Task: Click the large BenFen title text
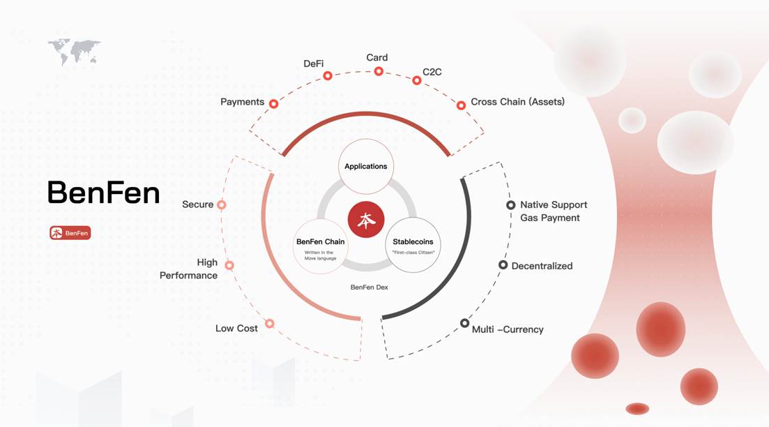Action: [103, 193]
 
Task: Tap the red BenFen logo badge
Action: [70, 232]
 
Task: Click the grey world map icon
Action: [74, 51]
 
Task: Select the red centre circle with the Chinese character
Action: [366, 219]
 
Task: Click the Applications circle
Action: [366, 166]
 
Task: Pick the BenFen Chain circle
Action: [320, 246]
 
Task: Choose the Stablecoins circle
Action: [413, 245]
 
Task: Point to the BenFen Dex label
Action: [370, 287]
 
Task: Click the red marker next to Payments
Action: [274, 103]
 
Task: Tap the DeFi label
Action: [314, 63]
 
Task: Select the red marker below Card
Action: [379, 71]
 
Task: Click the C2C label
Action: [432, 72]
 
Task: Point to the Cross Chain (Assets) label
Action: [517, 102]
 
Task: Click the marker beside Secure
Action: [222, 204]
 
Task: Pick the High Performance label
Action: [188, 269]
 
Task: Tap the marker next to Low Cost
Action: [270, 324]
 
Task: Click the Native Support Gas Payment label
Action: [554, 211]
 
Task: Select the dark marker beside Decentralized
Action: [503, 265]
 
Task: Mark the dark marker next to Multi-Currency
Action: [464, 323]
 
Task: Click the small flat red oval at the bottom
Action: [637, 408]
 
